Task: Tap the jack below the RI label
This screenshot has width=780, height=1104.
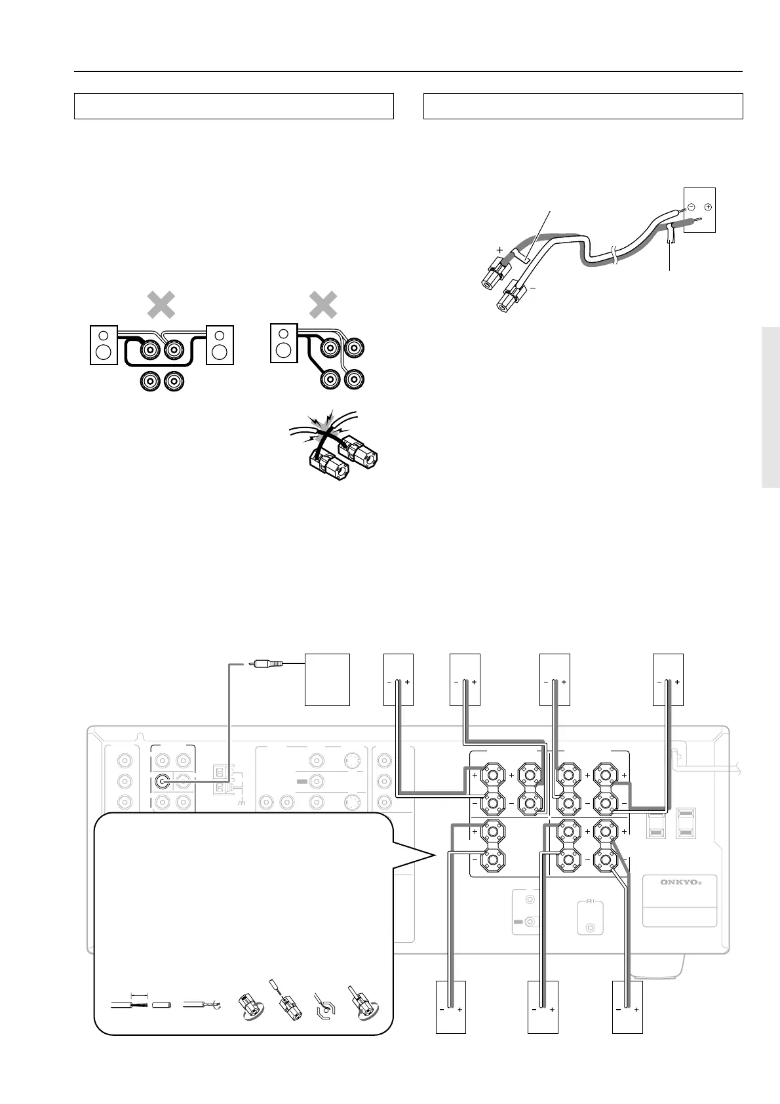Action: point(591,928)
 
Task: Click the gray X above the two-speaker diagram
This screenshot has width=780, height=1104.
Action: point(161,306)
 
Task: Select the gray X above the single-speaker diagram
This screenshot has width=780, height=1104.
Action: point(323,306)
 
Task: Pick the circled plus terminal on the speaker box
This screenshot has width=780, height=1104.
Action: point(708,207)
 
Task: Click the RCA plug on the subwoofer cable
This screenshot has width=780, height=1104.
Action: point(269,663)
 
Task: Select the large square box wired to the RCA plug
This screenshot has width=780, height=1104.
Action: point(328,679)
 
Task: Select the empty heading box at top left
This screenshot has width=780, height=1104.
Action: point(233,106)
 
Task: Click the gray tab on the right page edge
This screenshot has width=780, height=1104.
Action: point(771,406)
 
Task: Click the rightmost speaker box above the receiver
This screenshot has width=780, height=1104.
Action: point(669,679)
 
